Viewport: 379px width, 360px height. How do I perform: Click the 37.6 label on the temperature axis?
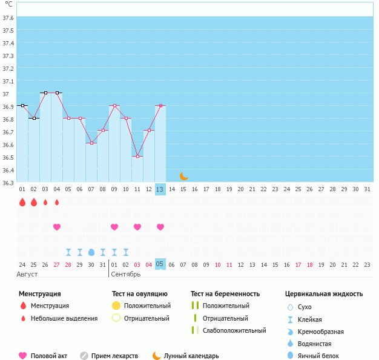[x=8, y=18]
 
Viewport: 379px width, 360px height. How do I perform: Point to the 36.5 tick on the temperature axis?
[x=8, y=157]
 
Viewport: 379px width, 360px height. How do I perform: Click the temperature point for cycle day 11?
[x=137, y=157]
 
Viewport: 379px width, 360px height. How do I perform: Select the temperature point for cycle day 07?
[x=91, y=143]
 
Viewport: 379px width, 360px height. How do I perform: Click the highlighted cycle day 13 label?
[x=160, y=189]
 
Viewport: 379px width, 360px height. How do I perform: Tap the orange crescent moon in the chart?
[x=183, y=176]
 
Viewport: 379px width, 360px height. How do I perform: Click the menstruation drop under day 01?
[x=22, y=202]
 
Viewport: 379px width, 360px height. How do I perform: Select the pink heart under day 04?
[x=57, y=227]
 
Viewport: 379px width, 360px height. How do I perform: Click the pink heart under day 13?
[x=160, y=227]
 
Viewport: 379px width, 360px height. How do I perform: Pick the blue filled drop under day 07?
[x=91, y=252]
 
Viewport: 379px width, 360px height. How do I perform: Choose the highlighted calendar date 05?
[x=160, y=264]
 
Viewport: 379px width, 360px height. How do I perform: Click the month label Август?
[x=27, y=274]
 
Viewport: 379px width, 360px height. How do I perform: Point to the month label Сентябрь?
[x=125, y=274]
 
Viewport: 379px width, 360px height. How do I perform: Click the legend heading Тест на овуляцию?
[x=140, y=294]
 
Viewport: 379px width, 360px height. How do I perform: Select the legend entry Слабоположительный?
[x=234, y=330]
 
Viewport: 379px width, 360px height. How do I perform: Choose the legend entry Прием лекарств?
[x=114, y=356]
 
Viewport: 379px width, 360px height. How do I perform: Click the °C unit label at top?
[x=8, y=4]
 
